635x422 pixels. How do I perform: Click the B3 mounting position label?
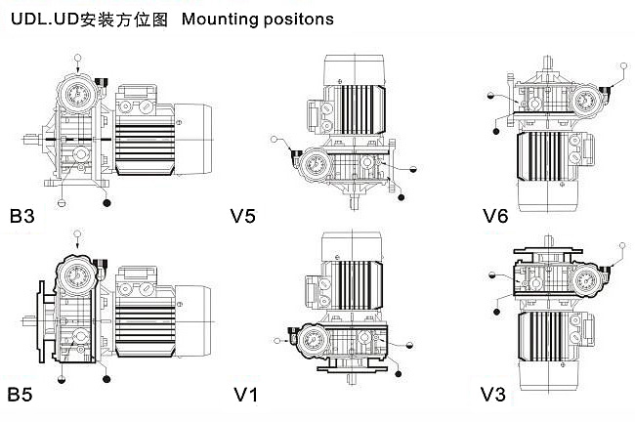pos(21,216)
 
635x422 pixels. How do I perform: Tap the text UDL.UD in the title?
pos(37,18)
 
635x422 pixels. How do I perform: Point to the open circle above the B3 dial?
pos(77,57)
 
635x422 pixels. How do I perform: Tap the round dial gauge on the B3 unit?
pos(76,94)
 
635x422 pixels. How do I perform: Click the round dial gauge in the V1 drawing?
pos(316,342)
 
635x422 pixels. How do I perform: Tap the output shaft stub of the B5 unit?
pos(26,319)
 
